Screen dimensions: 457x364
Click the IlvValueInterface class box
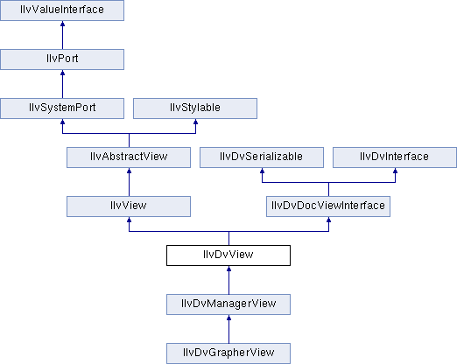click(x=62, y=10)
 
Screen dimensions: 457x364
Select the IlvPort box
click(x=62, y=59)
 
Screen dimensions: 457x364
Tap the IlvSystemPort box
click(x=62, y=108)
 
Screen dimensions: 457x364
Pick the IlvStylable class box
click(x=195, y=108)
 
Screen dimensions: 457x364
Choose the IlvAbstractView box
click(x=129, y=157)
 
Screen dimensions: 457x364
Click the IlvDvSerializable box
click(x=262, y=157)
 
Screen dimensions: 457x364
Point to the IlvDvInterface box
click(x=395, y=157)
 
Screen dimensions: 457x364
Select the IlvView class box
click(x=129, y=206)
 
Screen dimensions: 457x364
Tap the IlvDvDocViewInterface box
click(x=328, y=206)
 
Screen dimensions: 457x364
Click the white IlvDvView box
click(x=228, y=255)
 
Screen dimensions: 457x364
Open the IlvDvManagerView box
click(x=228, y=304)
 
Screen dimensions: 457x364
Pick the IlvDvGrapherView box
click(x=228, y=353)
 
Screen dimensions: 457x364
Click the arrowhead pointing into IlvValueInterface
click(x=62, y=24)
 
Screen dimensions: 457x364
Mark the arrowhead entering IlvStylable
click(x=195, y=122)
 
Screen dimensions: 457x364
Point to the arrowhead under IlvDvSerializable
click(x=262, y=171)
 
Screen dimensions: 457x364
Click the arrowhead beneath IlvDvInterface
click(x=395, y=171)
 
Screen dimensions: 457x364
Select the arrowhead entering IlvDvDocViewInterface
click(x=328, y=220)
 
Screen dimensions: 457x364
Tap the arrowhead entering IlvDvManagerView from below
click(x=228, y=318)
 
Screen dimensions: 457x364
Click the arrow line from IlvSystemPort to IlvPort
click(x=62, y=84)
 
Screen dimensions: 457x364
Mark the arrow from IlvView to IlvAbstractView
click(x=129, y=182)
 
